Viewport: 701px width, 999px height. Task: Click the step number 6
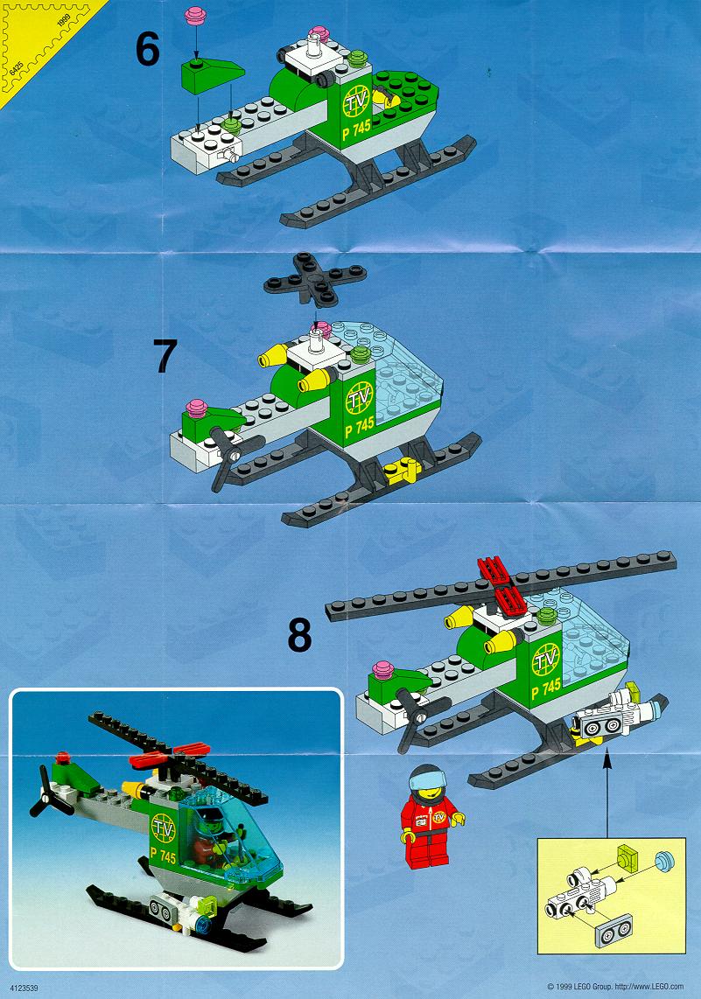click(x=147, y=49)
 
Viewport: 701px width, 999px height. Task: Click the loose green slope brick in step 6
click(x=212, y=73)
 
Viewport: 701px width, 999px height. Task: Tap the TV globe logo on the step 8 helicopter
click(x=545, y=660)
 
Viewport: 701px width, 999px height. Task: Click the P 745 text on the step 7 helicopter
click(x=358, y=426)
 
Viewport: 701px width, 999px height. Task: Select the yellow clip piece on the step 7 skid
click(x=403, y=470)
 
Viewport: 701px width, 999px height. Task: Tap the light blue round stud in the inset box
click(x=664, y=861)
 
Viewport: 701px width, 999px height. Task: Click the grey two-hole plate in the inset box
click(x=613, y=930)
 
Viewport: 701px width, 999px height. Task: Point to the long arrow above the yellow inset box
click(x=607, y=793)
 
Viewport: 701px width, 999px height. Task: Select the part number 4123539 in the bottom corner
click(x=25, y=989)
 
